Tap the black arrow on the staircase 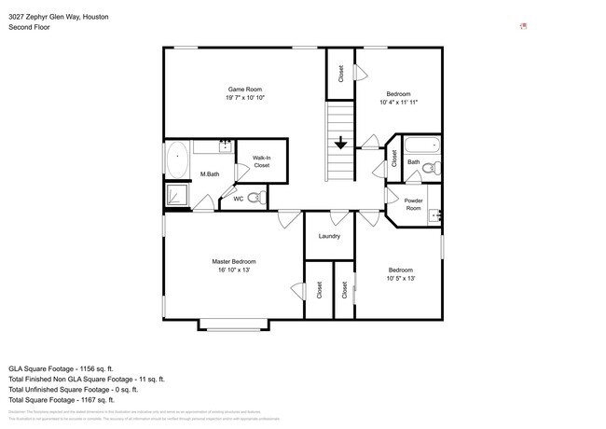(340, 144)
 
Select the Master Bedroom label (233, 261)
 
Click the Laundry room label (329, 236)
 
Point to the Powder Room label (413, 203)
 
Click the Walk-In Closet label (261, 161)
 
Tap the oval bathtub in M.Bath (177, 160)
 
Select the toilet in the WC (260, 198)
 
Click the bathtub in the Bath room (422, 146)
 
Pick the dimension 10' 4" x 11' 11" (399, 102)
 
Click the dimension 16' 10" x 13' (233, 270)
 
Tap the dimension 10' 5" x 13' (400, 278)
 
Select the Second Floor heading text (30, 28)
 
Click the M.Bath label (209, 174)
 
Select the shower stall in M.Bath (177, 195)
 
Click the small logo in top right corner (524, 25)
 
